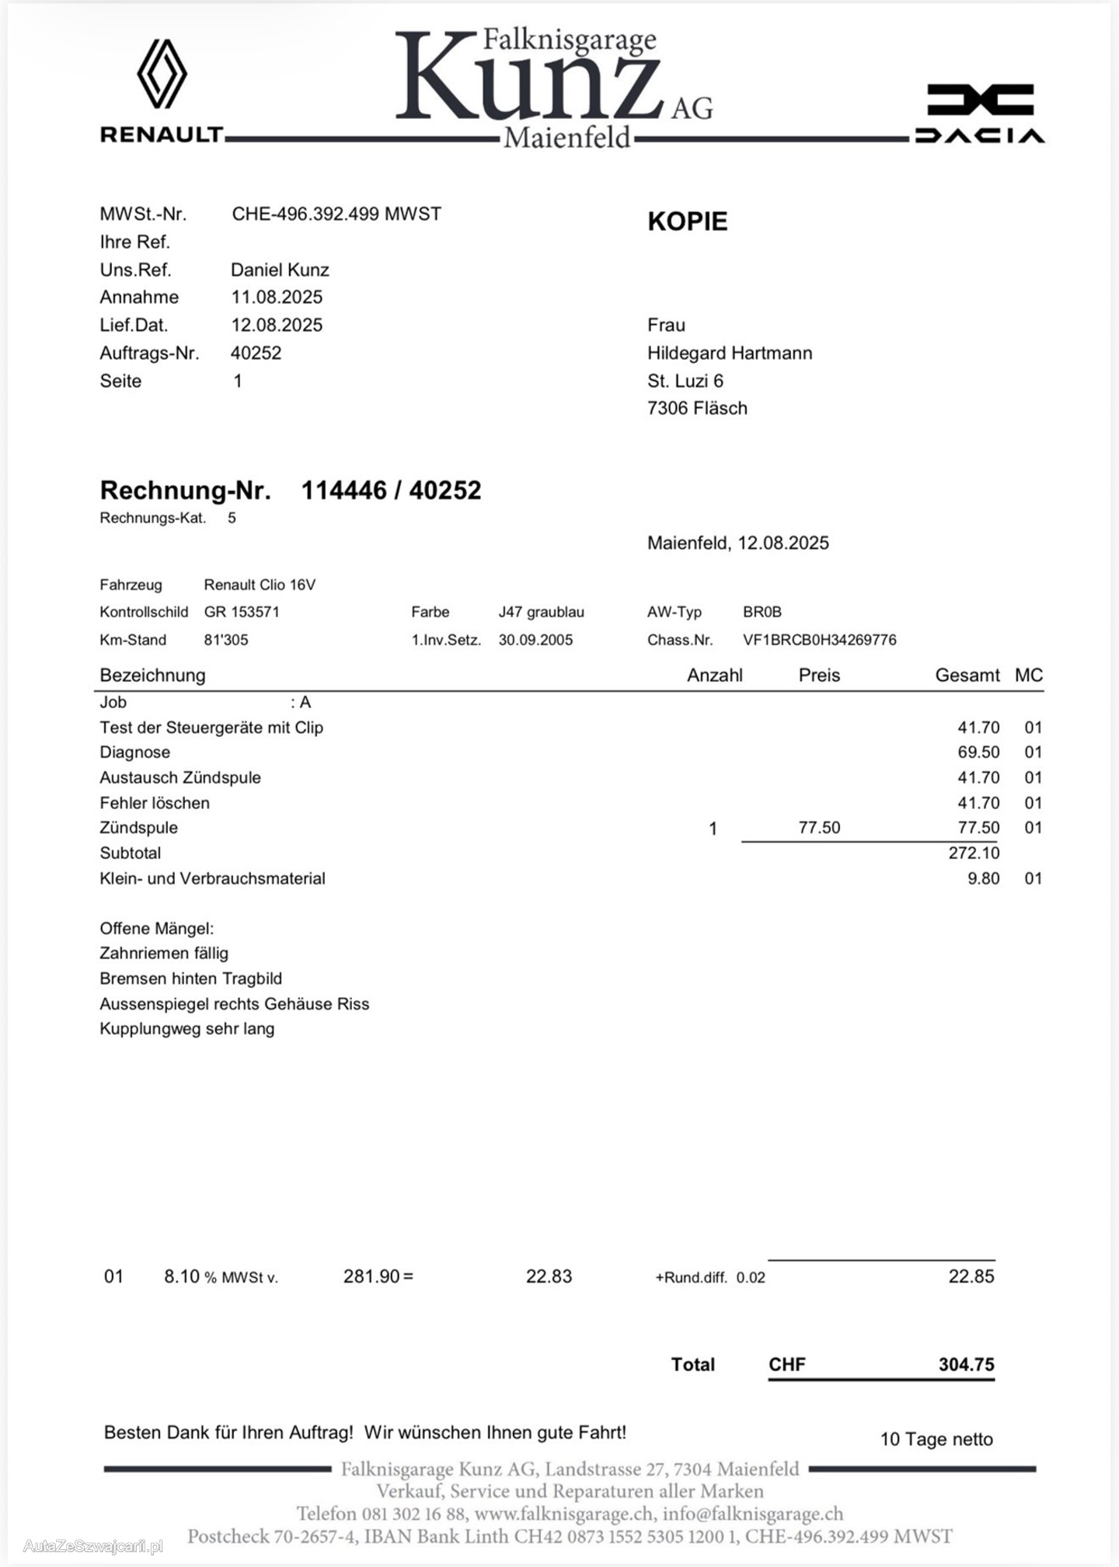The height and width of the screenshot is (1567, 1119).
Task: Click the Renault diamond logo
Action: pos(162,74)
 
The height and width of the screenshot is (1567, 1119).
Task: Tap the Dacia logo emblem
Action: pos(980,100)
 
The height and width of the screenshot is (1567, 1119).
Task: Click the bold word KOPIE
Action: pos(688,222)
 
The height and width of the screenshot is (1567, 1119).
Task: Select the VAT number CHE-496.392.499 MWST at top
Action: pos(336,214)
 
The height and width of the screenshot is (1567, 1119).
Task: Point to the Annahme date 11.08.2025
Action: pos(277,297)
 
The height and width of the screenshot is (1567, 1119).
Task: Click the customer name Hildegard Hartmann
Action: pos(730,353)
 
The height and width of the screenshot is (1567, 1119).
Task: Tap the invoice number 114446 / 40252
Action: pos(391,490)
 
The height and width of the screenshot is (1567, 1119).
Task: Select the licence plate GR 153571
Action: pos(242,612)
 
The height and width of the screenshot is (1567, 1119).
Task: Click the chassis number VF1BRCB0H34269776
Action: pos(819,640)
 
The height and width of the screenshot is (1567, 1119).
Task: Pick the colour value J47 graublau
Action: pos(541,612)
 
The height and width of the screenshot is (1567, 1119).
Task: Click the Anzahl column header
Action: pos(714,675)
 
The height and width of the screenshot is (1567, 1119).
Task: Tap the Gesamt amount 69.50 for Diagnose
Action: pos(978,752)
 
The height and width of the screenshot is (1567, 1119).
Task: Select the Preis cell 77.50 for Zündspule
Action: pos(819,827)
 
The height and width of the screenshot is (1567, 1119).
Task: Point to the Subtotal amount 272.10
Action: pos(974,853)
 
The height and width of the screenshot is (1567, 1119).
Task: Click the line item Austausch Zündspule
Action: pos(180,777)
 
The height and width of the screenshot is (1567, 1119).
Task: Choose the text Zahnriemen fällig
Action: pos(164,953)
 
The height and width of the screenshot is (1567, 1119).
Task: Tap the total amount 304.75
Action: pos(966,1364)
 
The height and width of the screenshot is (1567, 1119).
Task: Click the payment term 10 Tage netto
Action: pos(936,1439)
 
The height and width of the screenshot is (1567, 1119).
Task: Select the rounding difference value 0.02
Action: pos(751,1277)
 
